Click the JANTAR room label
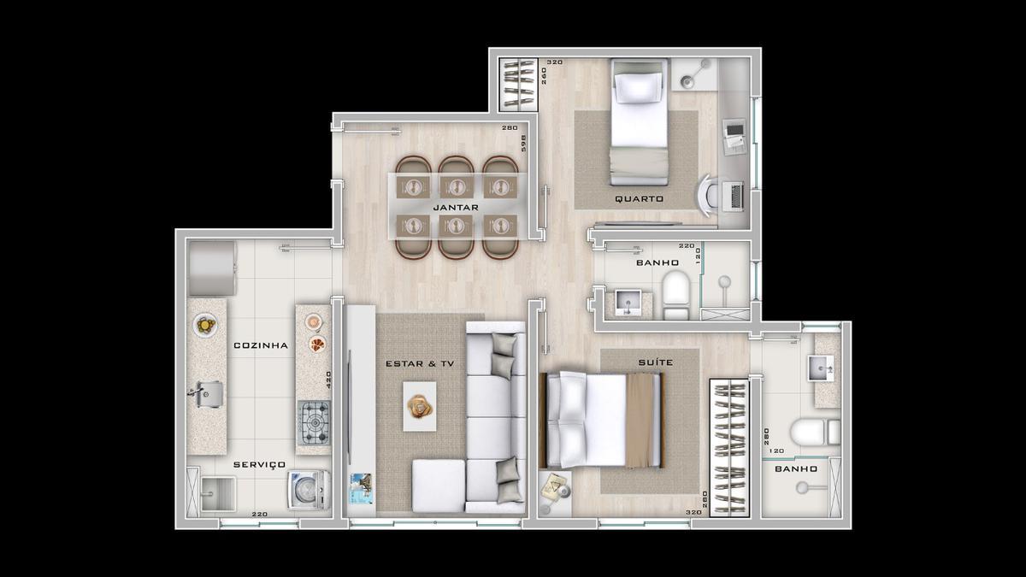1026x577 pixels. click(x=455, y=208)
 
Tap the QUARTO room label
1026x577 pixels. click(x=639, y=199)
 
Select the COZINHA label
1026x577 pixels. click(x=260, y=346)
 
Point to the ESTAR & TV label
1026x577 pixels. click(x=420, y=364)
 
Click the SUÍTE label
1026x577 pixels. click(x=655, y=362)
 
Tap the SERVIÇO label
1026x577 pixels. click(x=259, y=464)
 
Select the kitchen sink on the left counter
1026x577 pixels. click(x=206, y=393)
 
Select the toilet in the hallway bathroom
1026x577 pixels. click(x=675, y=293)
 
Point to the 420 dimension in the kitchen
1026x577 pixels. click(x=328, y=379)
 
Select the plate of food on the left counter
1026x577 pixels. click(x=205, y=324)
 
